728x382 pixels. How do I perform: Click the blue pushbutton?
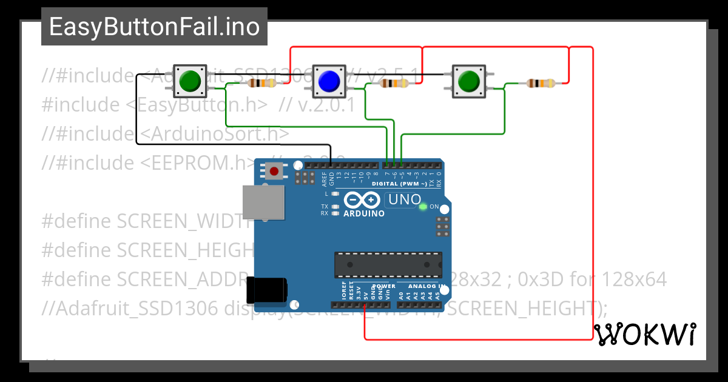tap(328, 81)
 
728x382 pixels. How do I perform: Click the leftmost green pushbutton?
tap(190, 81)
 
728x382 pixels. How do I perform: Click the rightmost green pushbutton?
tap(468, 81)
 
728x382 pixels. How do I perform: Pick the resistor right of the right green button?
tap(540, 83)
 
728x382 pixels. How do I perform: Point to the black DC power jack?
tap(267, 290)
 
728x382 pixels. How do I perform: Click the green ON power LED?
tap(423, 207)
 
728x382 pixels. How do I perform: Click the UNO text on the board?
tap(404, 199)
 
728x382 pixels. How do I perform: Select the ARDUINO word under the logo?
tap(364, 213)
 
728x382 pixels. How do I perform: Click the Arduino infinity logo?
tap(362, 200)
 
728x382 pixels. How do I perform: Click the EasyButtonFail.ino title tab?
tap(154, 27)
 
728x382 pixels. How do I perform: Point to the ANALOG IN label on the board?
tap(426, 286)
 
